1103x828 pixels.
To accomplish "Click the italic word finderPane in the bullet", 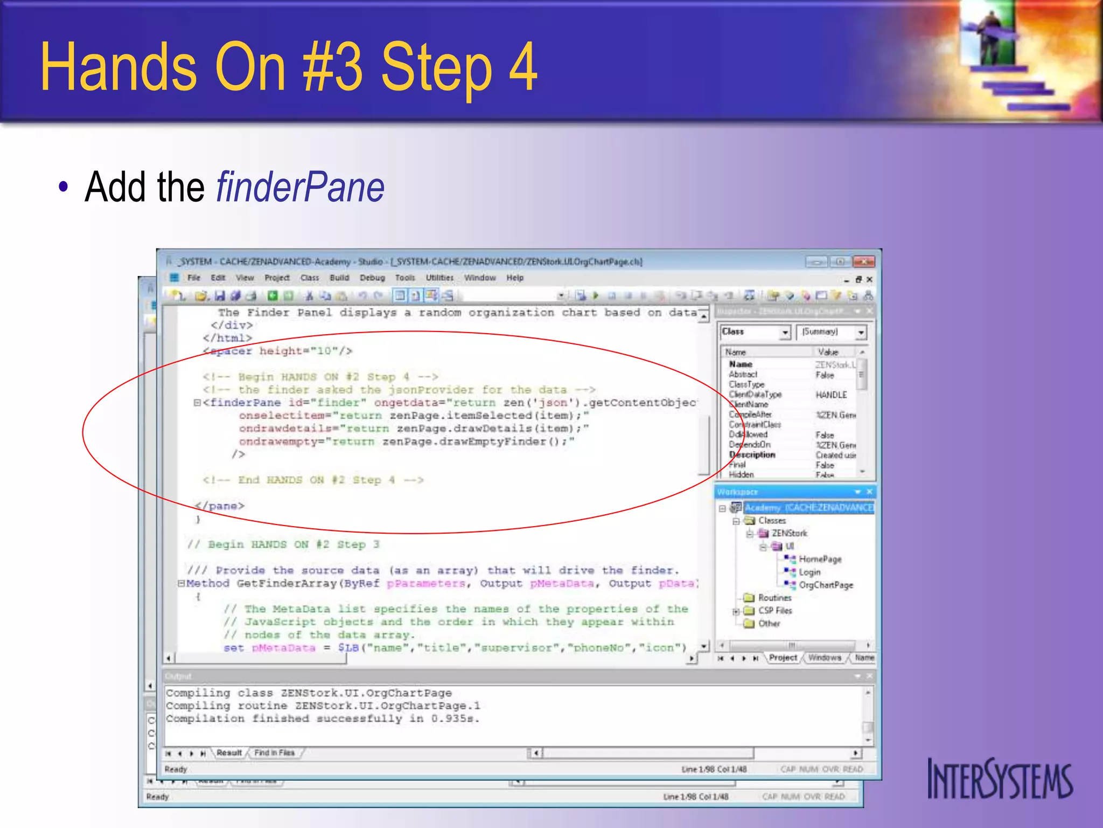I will pos(300,187).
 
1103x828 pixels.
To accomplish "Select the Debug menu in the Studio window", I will pos(372,278).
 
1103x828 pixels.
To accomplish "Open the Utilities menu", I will pos(439,278).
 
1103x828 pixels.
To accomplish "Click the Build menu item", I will pos(339,278).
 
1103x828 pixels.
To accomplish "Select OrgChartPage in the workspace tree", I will pos(825,585).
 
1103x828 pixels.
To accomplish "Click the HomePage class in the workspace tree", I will pos(819,559).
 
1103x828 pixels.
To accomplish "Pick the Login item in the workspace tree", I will pos(809,572).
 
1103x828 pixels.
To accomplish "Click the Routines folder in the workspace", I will pos(774,598).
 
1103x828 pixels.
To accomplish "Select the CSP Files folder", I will pos(774,611).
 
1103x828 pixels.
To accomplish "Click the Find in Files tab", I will pos(274,753).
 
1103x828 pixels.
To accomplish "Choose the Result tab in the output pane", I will pos(229,753).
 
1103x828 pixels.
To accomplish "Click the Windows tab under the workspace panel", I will pos(824,658).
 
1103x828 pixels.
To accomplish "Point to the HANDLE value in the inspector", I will pos(831,395).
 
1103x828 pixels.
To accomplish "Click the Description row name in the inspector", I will pos(752,455).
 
